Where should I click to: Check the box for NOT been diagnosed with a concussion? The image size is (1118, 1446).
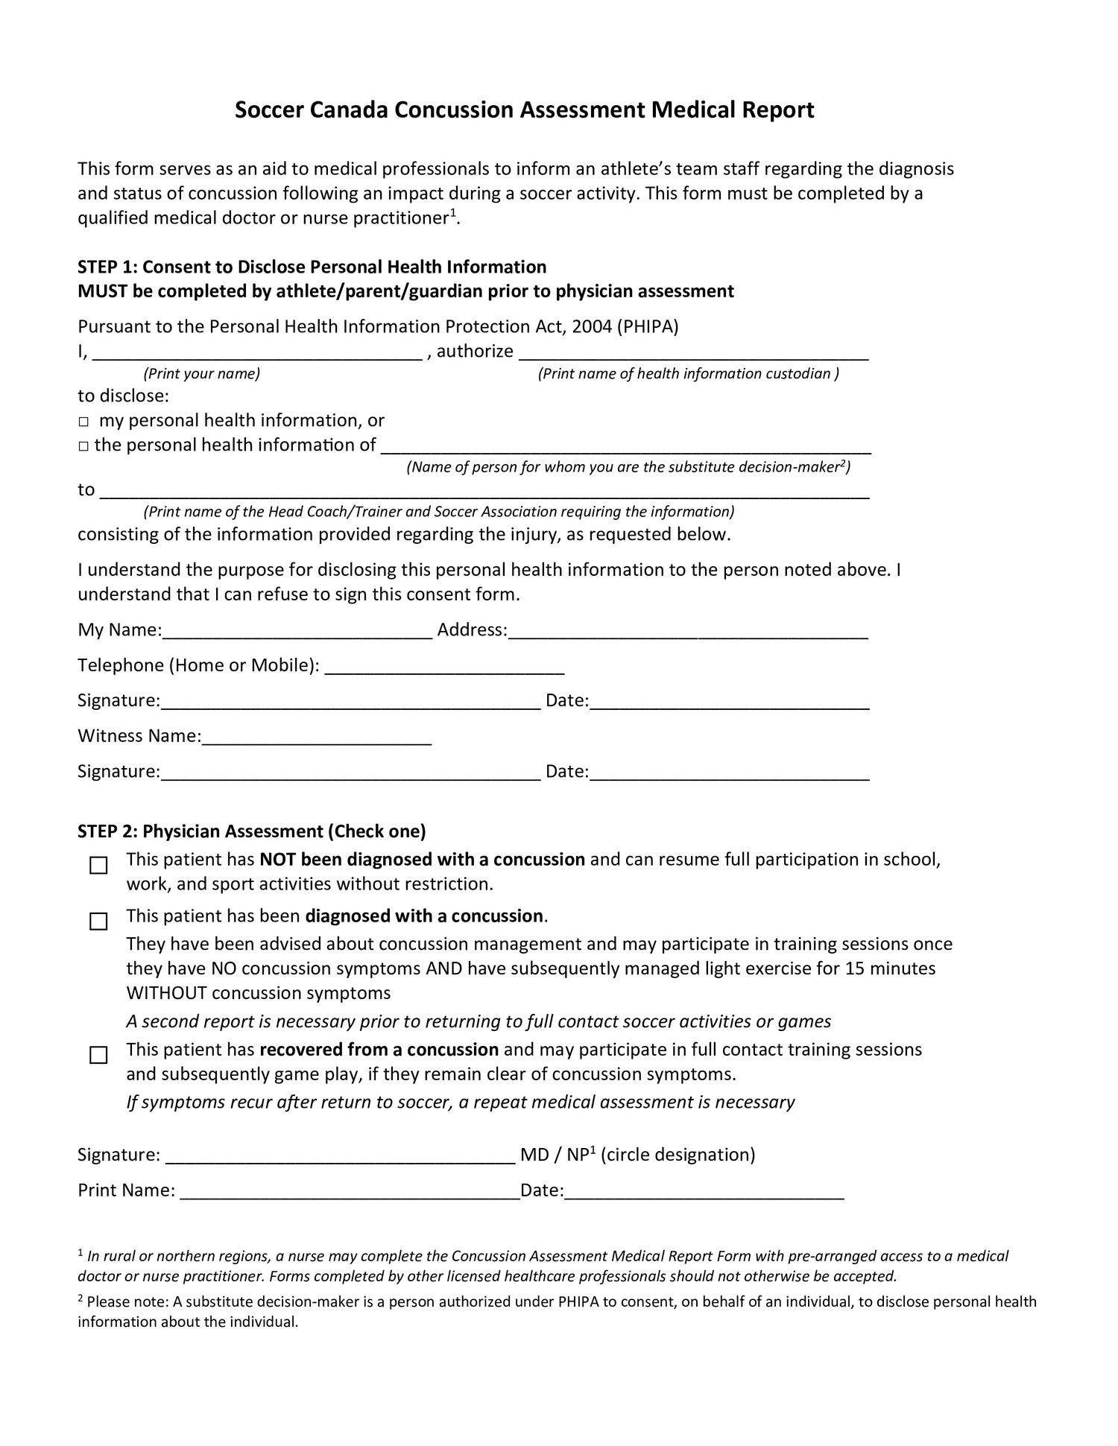click(x=98, y=866)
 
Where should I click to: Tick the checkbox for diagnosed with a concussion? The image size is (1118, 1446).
click(x=98, y=922)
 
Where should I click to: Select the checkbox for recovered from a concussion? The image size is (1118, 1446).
click(x=98, y=1056)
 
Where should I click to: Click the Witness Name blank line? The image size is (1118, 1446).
click(x=317, y=738)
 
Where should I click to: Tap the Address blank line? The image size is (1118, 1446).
click(x=687, y=632)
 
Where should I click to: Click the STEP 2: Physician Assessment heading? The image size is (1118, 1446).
click(x=252, y=831)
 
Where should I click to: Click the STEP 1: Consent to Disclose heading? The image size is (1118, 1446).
click(x=312, y=267)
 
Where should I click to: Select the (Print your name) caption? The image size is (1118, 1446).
click(x=201, y=374)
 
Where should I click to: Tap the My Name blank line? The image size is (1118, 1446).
click(x=297, y=632)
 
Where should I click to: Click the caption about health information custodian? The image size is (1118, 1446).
click(x=688, y=374)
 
